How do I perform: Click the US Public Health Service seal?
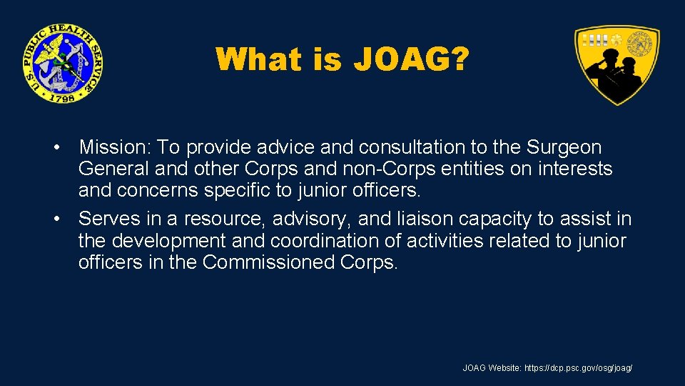[62, 63]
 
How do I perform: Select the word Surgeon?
[564, 148]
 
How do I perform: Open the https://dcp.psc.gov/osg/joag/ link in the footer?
[578, 367]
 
